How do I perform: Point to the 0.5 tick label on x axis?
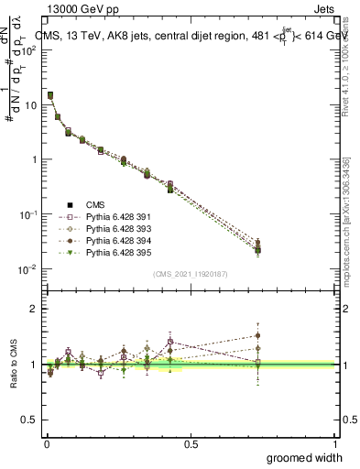(x=191, y=442)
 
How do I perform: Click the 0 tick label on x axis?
(x=46, y=442)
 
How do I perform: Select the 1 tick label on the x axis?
(x=334, y=442)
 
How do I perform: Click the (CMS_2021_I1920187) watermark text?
(x=190, y=274)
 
